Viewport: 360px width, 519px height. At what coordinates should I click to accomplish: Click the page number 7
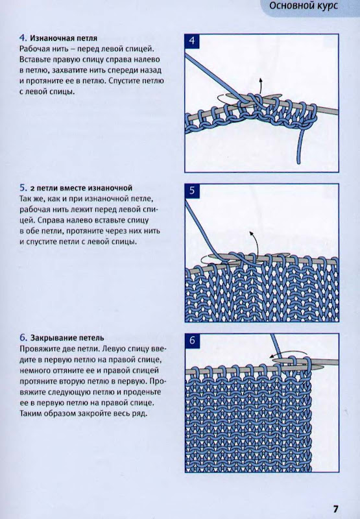(335, 509)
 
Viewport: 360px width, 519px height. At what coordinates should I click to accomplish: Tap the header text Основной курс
(304, 6)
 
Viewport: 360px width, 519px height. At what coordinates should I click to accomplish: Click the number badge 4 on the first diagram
(192, 42)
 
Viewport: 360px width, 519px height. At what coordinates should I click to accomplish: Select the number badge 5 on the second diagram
(192, 191)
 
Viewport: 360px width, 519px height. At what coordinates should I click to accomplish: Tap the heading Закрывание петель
(67, 338)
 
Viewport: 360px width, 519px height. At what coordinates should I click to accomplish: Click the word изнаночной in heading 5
(110, 188)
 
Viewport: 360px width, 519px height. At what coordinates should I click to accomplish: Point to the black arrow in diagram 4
(260, 87)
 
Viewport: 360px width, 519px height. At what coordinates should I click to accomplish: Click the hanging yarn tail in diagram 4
(300, 145)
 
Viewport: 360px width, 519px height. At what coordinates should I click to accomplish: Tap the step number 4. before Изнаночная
(23, 38)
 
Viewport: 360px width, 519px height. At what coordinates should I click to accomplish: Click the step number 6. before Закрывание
(23, 338)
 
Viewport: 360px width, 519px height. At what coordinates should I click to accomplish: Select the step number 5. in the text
(23, 188)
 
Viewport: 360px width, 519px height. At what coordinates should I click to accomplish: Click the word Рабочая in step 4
(34, 49)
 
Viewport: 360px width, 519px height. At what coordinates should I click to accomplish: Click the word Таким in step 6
(29, 413)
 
